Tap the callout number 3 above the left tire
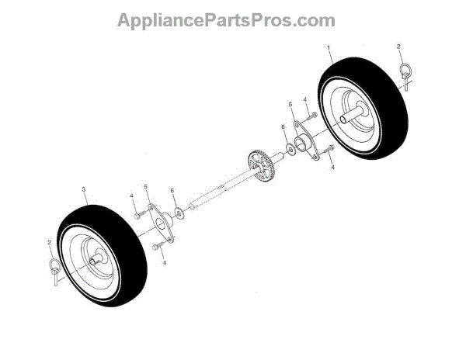pyautogui.click(x=82, y=189)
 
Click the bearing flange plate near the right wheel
pyautogui.click(x=305, y=144)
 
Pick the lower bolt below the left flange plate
pyautogui.click(x=158, y=247)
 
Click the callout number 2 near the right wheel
pyautogui.click(x=399, y=47)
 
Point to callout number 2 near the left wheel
pyautogui.click(x=49, y=244)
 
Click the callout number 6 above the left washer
pyautogui.click(x=172, y=190)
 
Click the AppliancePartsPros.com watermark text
pyautogui.click(x=226, y=20)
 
